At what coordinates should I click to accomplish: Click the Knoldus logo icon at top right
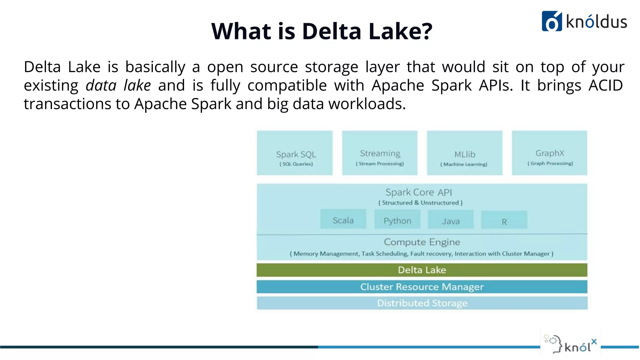(x=552, y=21)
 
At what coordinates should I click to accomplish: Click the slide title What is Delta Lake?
(x=322, y=31)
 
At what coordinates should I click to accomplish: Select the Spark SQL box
(x=295, y=153)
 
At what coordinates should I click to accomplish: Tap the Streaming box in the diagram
(x=380, y=153)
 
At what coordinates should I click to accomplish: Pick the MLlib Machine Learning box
(x=464, y=153)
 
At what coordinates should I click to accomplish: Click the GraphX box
(x=549, y=153)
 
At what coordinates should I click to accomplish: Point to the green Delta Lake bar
(x=422, y=270)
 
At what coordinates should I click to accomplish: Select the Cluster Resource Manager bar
(x=422, y=287)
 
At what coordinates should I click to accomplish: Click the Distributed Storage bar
(x=422, y=303)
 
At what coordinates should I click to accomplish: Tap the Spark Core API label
(x=418, y=192)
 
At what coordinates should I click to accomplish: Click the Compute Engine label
(x=422, y=242)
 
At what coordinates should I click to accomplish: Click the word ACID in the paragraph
(x=606, y=85)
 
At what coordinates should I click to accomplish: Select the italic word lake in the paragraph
(x=137, y=85)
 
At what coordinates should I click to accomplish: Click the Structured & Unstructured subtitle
(x=420, y=203)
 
